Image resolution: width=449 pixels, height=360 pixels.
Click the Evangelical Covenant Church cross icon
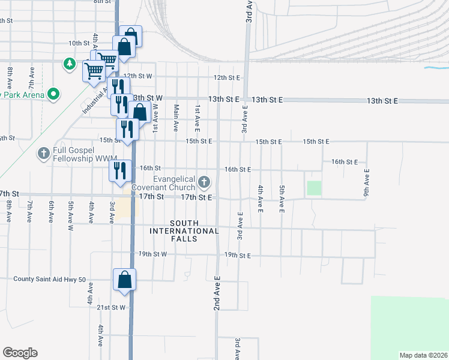coord(205,181)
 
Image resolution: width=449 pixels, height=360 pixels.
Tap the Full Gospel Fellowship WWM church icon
coord(43,154)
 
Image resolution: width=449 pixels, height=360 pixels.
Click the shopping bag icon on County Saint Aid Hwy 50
coord(124,280)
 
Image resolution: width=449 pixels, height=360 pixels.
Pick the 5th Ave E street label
coord(281,199)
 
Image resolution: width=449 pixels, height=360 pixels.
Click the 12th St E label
coord(227,77)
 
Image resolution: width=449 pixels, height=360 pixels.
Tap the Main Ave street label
coord(176,118)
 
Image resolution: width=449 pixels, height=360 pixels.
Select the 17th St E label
coord(197,197)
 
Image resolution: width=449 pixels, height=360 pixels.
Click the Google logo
coord(20,353)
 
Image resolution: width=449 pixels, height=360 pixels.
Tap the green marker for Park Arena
coord(53,94)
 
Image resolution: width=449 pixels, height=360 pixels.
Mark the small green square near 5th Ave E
coord(314,188)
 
